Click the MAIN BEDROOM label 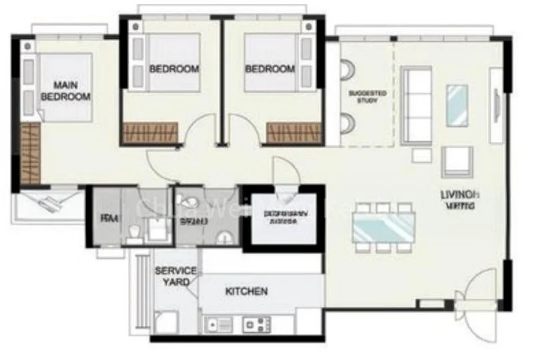(x=65, y=91)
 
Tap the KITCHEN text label (x=246, y=291)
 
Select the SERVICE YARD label (x=176, y=276)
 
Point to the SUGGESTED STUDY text (x=367, y=97)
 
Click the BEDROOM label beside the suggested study (x=270, y=69)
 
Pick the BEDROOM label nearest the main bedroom (x=174, y=69)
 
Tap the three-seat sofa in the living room (x=416, y=104)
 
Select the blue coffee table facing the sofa (x=457, y=105)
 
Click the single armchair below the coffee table (x=457, y=161)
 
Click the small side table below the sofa (x=422, y=156)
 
